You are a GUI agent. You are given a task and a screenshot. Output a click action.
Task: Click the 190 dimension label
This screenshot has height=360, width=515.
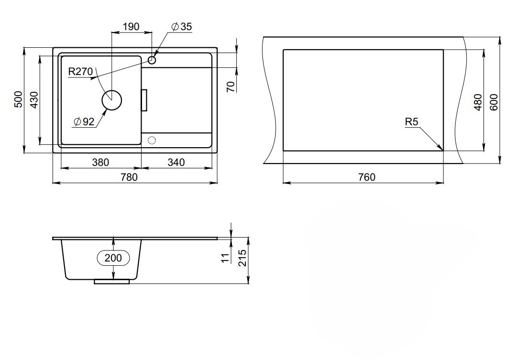[x=131, y=27]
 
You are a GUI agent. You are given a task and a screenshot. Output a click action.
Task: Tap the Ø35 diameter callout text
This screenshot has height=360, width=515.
[x=182, y=27]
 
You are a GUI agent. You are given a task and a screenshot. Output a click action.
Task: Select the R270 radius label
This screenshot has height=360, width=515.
[x=80, y=71]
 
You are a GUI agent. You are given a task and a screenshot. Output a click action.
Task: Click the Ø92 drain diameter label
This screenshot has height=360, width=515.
[x=84, y=122]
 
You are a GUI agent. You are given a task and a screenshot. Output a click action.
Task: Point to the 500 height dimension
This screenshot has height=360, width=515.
[x=19, y=99]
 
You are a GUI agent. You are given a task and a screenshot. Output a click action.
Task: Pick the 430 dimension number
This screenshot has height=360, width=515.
[x=34, y=100]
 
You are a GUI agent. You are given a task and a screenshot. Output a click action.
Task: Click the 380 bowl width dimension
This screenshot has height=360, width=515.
[x=100, y=162]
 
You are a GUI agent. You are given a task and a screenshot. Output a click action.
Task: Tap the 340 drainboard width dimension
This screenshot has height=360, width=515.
[x=176, y=162]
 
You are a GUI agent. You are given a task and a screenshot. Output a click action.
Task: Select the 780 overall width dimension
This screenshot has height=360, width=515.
[x=129, y=177]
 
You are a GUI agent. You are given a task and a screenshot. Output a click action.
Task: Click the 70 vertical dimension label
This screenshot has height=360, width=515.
[x=231, y=87]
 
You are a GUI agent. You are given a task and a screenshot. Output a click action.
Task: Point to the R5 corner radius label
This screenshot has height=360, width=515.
[x=412, y=122]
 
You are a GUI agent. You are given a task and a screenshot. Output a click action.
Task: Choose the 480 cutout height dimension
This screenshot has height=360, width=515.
[x=478, y=102]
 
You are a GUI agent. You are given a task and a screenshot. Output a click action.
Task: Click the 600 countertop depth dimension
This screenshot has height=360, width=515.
[x=493, y=102]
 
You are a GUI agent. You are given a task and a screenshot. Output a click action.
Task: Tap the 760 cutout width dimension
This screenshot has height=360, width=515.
[x=367, y=177]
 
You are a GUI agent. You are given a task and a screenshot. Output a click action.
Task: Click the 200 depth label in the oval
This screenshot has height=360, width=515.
[x=113, y=258]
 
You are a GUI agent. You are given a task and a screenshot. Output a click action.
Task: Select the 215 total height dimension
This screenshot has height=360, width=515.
[x=242, y=258]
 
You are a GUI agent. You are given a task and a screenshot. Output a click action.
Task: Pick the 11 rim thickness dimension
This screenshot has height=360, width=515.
[x=225, y=258]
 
